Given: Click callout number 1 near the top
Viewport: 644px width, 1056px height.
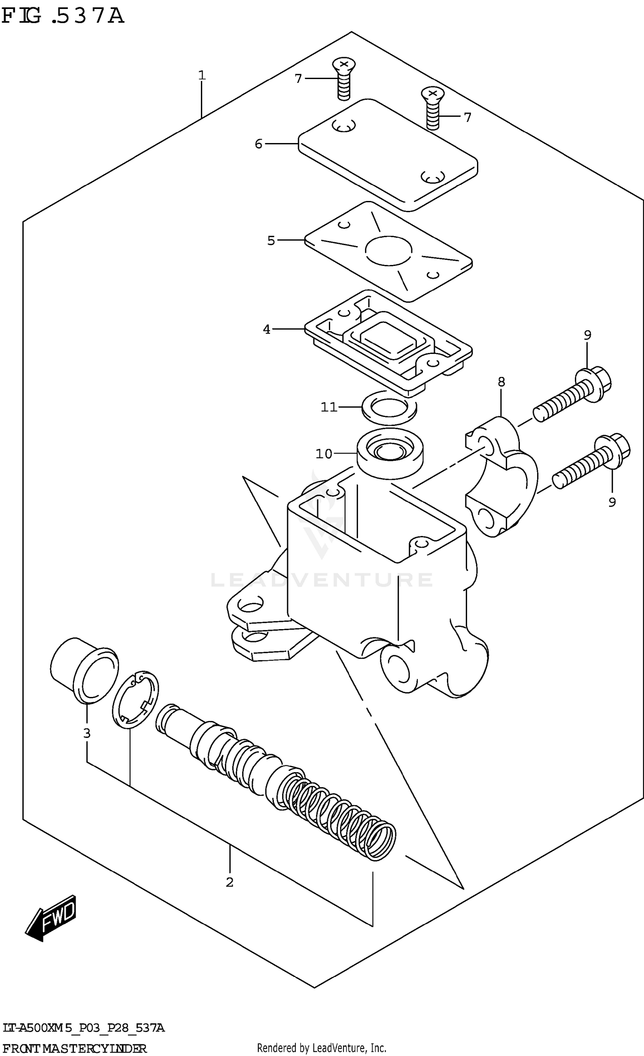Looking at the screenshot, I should [x=202, y=76].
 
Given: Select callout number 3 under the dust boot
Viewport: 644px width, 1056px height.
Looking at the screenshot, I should [x=87, y=733].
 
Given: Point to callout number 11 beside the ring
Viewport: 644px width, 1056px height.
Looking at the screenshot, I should [x=329, y=407].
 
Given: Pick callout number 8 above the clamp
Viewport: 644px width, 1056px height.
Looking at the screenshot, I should [x=501, y=382].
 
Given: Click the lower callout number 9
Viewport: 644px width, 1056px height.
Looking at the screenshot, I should [x=612, y=502].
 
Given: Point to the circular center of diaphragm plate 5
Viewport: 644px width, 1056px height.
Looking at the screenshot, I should [x=389, y=250].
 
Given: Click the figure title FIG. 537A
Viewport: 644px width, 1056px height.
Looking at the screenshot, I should [x=63, y=16].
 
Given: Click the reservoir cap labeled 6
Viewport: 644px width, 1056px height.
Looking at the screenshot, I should [x=388, y=155].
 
